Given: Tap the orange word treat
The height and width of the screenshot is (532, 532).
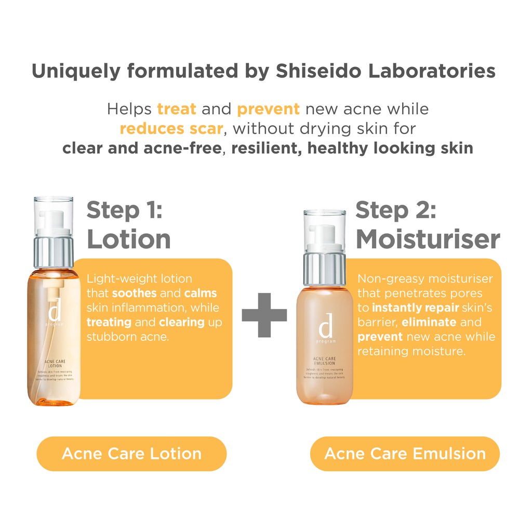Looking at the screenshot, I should [x=177, y=110].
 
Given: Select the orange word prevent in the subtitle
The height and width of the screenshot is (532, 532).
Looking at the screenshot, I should [x=268, y=110].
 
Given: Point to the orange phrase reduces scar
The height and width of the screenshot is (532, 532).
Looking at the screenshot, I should [x=171, y=128].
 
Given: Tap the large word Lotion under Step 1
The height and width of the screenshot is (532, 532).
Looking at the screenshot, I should [x=128, y=239].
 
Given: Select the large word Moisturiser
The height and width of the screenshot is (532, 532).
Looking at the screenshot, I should [x=428, y=239].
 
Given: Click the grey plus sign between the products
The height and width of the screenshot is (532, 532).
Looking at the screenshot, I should [x=264, y=314].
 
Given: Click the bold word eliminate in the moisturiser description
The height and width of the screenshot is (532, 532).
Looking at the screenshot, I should [x=429, y=322].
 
